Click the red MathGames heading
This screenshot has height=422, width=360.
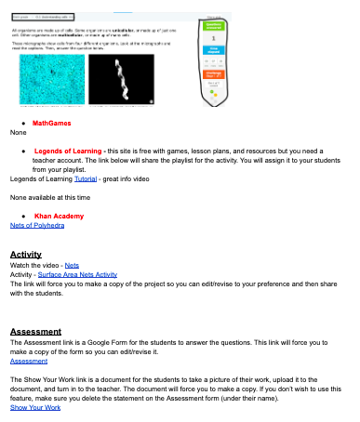tap(51, 122)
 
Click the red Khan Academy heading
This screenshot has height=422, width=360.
tap(56, 215)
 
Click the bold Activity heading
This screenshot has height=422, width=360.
tap(25, 254)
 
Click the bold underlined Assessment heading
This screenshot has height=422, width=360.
tap(35, 331)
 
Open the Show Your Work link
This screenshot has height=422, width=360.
tap(34, 408)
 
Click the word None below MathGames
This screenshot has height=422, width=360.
tap(18, 133)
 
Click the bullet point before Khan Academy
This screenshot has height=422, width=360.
tap(22, 215)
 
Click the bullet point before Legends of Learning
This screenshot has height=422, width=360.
tap(22, 150)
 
